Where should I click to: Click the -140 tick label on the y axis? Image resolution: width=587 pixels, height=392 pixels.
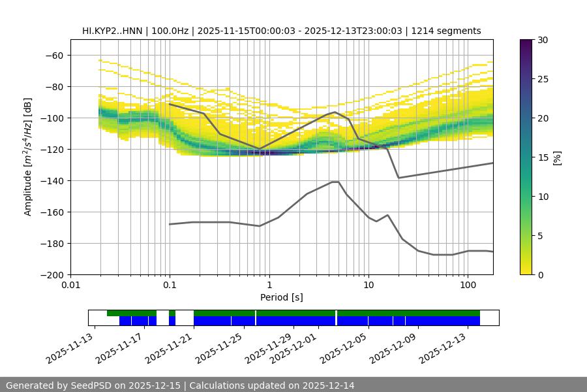(53, 181)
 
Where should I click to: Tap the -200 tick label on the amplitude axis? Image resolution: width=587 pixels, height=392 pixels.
(53, 275)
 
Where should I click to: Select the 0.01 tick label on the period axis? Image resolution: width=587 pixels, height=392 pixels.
(70, 286)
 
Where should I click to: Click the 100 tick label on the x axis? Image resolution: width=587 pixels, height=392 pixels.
(468, 286)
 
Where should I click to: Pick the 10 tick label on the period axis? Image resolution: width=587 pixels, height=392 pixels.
(368, 286)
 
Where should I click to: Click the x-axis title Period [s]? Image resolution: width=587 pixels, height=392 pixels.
(281, 297)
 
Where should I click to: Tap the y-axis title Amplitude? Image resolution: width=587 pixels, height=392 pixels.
(27, 157)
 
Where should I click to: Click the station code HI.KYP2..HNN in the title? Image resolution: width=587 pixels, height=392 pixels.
(115, 31)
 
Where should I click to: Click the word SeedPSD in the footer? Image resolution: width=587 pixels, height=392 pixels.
(92, 385)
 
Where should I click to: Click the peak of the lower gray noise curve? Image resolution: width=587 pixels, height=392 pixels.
(335, 182)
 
